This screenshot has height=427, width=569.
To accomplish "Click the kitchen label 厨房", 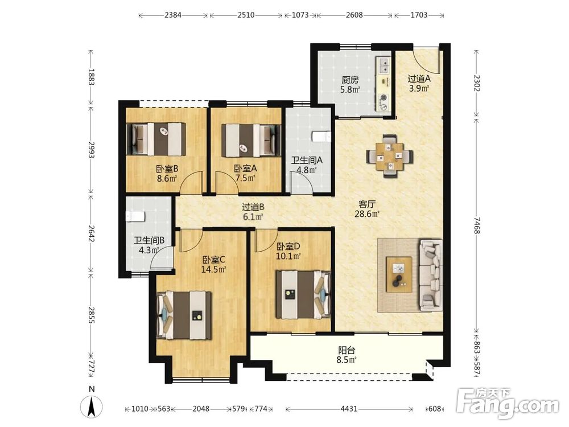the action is click(x=350, y=80).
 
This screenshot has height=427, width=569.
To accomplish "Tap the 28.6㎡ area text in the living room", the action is click(x=367, y=214).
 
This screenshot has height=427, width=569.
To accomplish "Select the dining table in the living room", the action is click(x=389, y=157).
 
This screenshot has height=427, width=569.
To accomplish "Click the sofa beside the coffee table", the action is click(x=431, y=275).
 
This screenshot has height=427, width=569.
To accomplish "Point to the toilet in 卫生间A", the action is click(x=321, y=137).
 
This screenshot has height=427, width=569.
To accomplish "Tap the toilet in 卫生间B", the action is click(x=135, y=216).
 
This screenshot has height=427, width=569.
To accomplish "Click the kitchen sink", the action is click(x=384, y=67).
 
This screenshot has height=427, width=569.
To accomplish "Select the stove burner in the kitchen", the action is click(x=383, y=98).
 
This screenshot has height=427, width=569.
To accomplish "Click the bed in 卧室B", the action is click(x=156, y=139).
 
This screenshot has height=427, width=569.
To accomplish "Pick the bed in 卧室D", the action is click(x=303, y=294).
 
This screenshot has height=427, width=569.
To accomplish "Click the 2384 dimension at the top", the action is click(x=173, y=15).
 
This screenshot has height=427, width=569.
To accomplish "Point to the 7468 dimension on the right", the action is click(x=477, y=225).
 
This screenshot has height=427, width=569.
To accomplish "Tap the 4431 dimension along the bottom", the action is click(x=349, y=409).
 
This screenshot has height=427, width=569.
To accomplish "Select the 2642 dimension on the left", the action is click(x=91, y=234).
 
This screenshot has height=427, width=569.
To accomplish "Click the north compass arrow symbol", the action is click(x=92, y=405).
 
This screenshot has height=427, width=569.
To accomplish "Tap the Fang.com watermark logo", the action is click(x=508, y=404).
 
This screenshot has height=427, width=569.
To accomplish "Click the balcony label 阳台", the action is click(x=347, y=351).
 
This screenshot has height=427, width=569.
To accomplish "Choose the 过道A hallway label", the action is click(x=419, y=79).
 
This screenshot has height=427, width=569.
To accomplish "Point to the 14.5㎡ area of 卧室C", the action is click(x=214, y=269).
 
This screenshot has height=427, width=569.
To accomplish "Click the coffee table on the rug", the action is click(x=399, y=274).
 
